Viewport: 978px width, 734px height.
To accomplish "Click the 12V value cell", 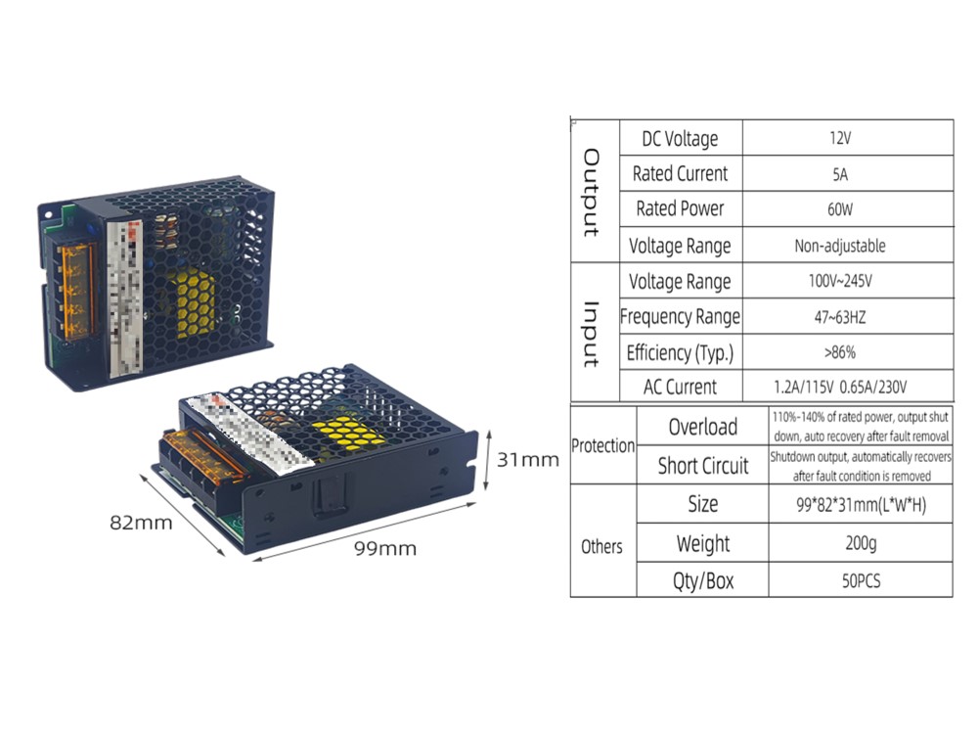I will (x=848, y=138).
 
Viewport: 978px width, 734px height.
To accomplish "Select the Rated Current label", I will (x=681, y=174).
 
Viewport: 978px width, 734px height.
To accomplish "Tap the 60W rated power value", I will (x=848, y=209).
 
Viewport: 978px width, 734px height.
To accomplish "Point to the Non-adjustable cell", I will (x=848, y=246).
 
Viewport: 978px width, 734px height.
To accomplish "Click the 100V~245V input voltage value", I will (x=848, y=282).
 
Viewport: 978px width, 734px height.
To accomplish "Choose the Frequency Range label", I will (x=681, y=317).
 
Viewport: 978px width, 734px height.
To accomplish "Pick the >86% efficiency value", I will (x=848, y=352).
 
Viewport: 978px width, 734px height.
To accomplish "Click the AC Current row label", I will (x=681, y=387).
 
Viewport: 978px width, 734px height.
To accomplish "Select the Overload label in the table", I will (x=702, y=427).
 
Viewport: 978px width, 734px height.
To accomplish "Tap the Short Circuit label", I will (x=702, y=466).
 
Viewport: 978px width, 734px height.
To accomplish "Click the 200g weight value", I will (x=861, y=543).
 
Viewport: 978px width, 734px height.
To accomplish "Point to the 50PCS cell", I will (x=861, y=580).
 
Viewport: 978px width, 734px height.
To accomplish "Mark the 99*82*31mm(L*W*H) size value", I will (x=861, y=505).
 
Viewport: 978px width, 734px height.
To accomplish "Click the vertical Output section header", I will (x=592, y=192).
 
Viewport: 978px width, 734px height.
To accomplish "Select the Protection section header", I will (x=603, y=446).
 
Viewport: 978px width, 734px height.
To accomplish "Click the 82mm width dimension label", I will (x=141, y=523).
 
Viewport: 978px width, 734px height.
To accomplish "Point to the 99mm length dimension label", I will (x=385, y=549).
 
